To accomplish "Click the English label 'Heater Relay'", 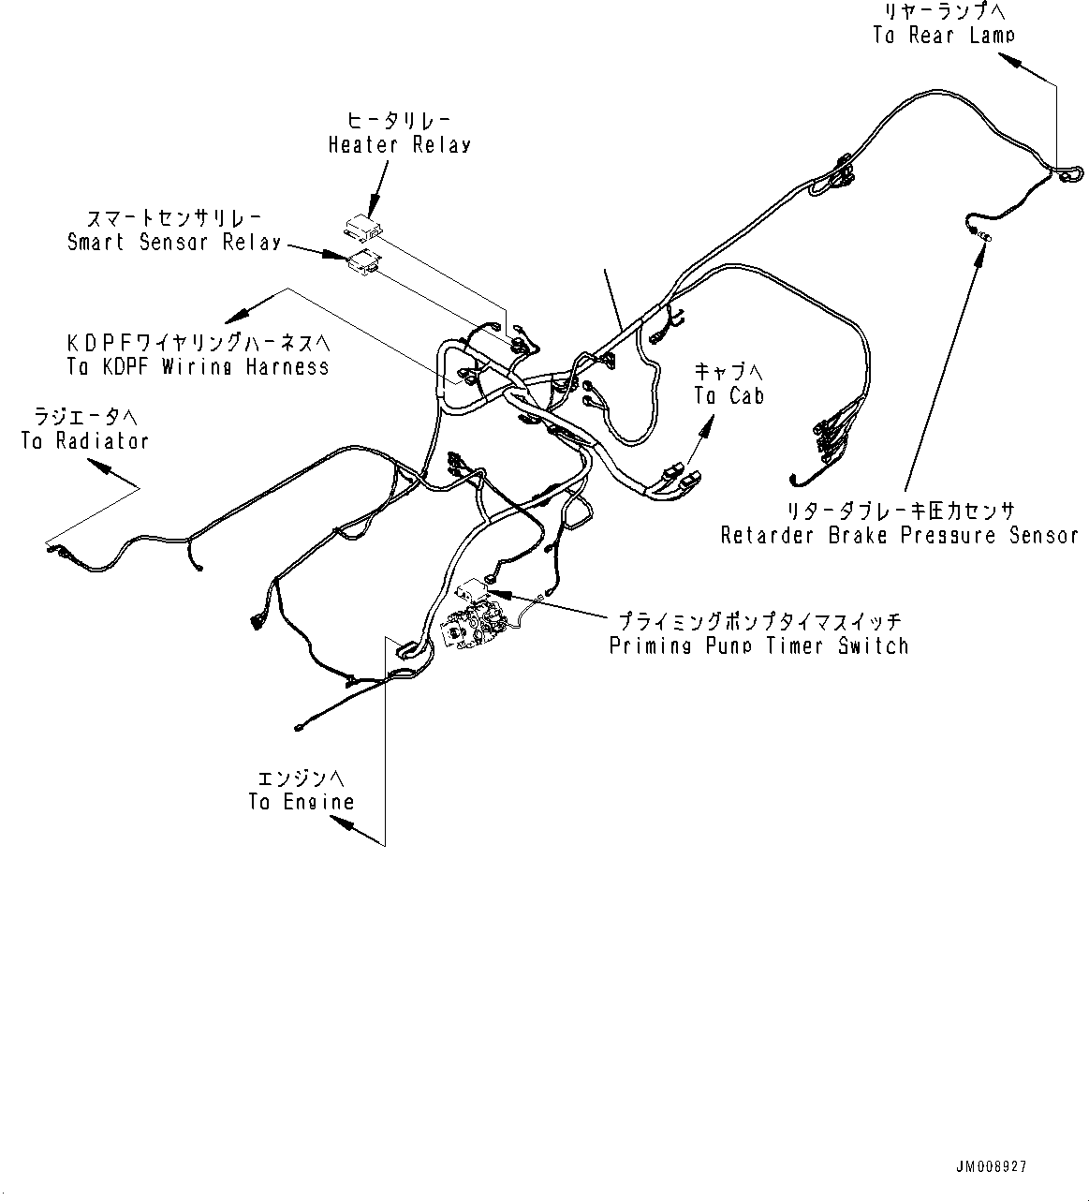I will (x=399, y=145).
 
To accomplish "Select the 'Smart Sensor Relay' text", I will (x=174, y=243).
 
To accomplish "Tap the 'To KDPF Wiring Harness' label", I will (x=198, y=367).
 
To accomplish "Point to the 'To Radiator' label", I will (x=85, y=440).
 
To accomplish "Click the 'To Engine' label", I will (x=302, y=802).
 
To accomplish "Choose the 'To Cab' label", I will (x=728, y=396).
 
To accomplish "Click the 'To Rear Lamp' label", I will (x=944, y=36).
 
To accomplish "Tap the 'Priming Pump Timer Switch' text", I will (x=758, y=646).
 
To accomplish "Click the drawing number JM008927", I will (x=992, y=1167).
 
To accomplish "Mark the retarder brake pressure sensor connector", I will (x=979, y=233).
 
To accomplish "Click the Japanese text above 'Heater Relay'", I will (x=399, y=120).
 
